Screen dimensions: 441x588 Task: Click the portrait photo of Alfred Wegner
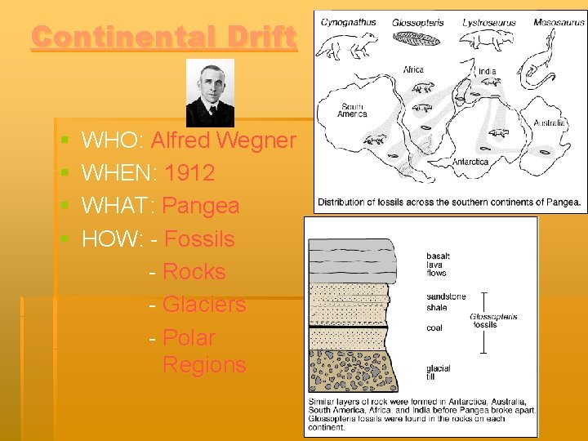pyautogui.click(x=210, y=92)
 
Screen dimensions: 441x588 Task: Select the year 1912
pyautogui.click(x=189, y=173)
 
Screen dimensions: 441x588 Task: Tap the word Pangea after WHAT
pyautogui.click(x=201, y=206)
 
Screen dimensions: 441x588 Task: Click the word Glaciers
pyautogui.click(x=204, y=305)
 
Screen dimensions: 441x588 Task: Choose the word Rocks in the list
pyautogui.click(x=194, y=272)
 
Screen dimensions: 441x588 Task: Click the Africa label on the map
pyautogui.click(x=413, y=70)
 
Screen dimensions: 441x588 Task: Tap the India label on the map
pyautogui.click(x=487, y=72)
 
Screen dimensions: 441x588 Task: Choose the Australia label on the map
pyautogui.click(x=549, y=123)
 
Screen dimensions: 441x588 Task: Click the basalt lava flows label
pyautogui.click(x=438, y=265)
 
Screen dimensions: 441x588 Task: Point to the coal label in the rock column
pyautogui.click(x=434, y=328)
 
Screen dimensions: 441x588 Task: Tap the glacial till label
pyautogui.click(x=438, y=373)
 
